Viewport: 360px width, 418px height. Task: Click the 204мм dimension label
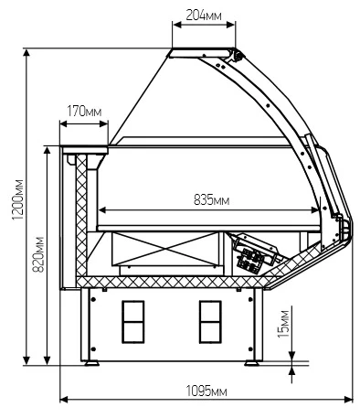tap(204, 15)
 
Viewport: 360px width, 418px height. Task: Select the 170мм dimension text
tap(84, 112)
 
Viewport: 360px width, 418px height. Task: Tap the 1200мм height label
tap(17, 200)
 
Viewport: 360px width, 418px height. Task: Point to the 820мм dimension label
tap(38, 254)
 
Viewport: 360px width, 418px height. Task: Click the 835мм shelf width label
tap(211, 200)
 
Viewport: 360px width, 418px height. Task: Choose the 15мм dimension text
tap(283, 324)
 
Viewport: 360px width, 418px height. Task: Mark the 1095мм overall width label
tap(206, 391)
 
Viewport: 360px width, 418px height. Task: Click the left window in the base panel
tap(133, 322)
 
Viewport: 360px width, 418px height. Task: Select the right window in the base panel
tap(210, 322)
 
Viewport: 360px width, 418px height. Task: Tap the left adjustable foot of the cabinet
tap(91, 363)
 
